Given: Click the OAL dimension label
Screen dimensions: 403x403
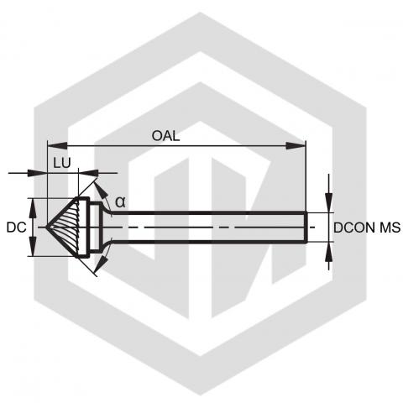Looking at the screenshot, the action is tap(165, 136).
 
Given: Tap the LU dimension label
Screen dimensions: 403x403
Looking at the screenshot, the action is tap(62, 163).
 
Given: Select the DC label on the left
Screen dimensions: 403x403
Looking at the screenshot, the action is tap(16, 228).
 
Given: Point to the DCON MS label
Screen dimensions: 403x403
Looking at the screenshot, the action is tap(367, 228).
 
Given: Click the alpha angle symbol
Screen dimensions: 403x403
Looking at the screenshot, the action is tap(120, 201).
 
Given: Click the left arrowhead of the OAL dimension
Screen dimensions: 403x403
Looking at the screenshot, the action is tap(58, 146).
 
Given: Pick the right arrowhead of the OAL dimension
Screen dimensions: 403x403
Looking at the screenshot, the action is tap(296, 146).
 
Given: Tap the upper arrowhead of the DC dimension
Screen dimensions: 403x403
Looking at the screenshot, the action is tap(33, 208).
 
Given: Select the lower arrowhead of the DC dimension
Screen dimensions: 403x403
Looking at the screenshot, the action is tap(33, 246).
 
